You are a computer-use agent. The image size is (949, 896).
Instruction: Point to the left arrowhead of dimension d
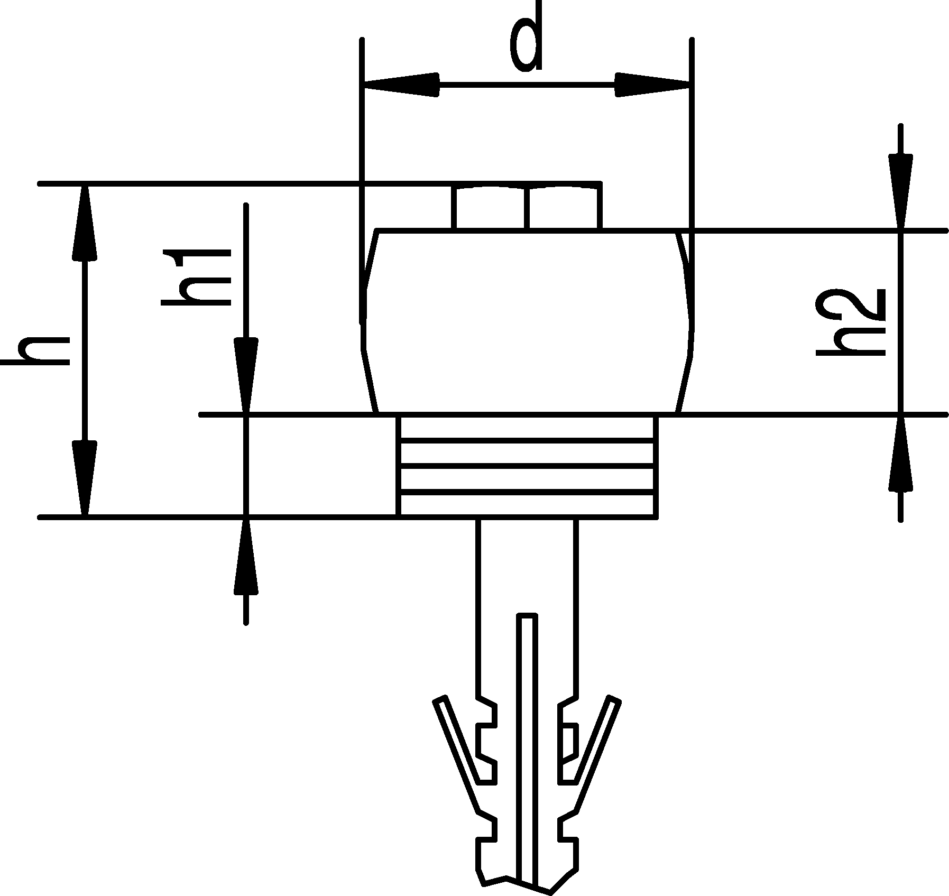(x=402, y=84)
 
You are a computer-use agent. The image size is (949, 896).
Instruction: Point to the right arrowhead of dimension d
(x=653, y=84)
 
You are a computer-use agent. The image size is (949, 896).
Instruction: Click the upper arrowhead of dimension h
(x=85, y=222)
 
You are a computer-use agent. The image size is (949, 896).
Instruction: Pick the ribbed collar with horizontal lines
(x=527, y=465)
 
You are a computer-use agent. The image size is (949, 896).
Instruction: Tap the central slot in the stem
(x=527, y=740)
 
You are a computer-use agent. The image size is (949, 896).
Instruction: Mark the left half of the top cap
(x=490, y=208)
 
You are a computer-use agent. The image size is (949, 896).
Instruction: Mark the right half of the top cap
(x=565, y=208)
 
